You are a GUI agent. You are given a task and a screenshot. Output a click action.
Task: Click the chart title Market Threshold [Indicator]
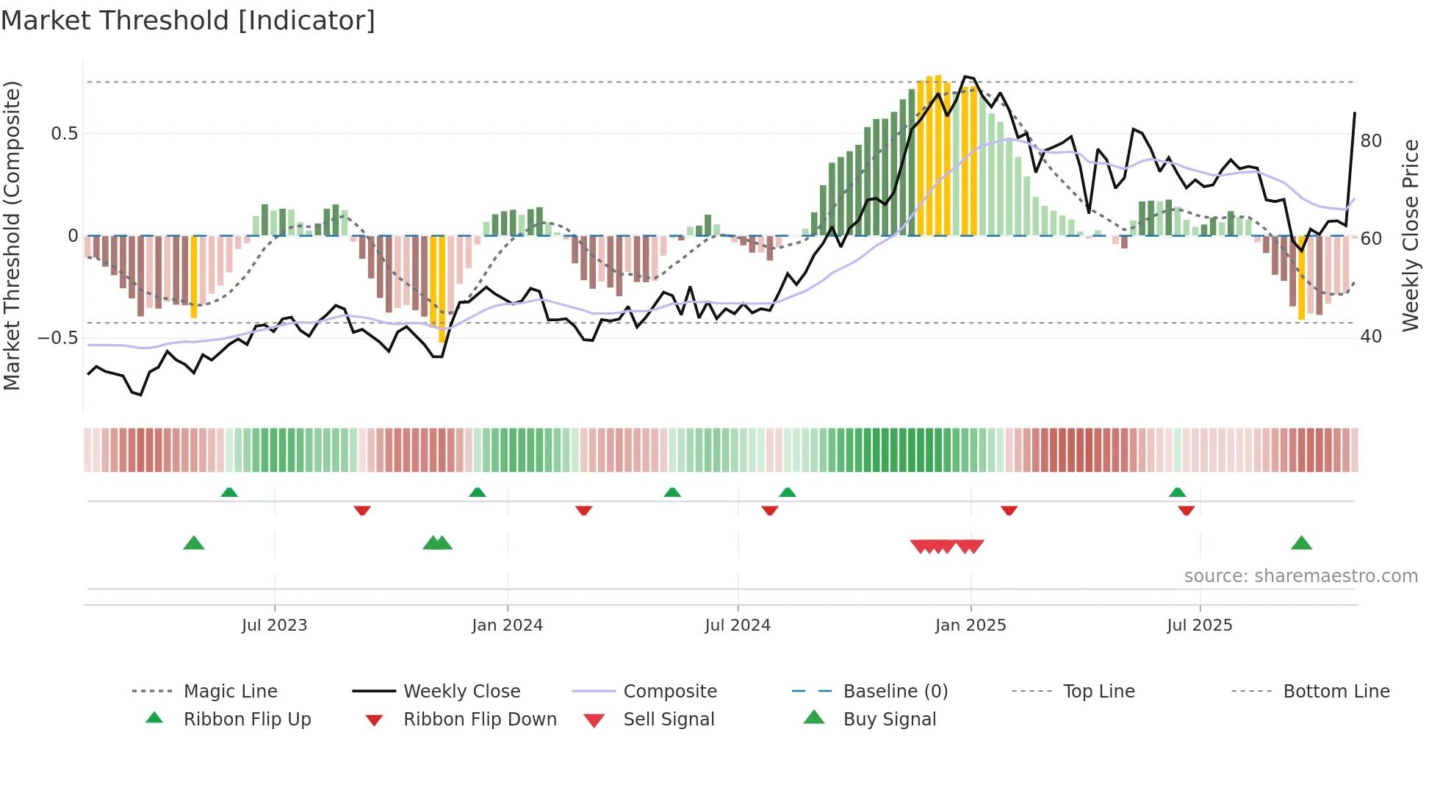(x=188, y=21)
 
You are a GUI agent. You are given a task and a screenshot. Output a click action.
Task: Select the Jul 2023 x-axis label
(x=274, y=626)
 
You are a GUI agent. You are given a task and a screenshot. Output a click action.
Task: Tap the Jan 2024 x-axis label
(x=507, y=626)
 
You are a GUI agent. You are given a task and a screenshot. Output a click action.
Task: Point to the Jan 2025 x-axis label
(x=970, y=626)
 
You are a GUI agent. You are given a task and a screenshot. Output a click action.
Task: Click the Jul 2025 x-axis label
(x=1199, y=626)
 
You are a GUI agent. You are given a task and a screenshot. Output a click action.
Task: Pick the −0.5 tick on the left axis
(x=57, y=338)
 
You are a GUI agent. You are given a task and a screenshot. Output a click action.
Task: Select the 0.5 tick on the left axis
(x=64, y=134)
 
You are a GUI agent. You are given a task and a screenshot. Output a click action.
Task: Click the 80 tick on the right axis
(x=1371, y=141)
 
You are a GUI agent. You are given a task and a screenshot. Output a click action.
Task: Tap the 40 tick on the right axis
(x=1371, y=337)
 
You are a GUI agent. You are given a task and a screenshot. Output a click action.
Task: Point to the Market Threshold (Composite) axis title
(x=12, y=235)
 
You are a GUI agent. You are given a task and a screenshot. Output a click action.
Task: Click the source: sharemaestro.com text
(x=1300, y=576)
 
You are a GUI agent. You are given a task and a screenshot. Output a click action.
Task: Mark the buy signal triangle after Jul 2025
(x=1301, y=544)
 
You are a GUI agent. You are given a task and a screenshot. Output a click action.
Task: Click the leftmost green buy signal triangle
(x=193, y=544)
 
